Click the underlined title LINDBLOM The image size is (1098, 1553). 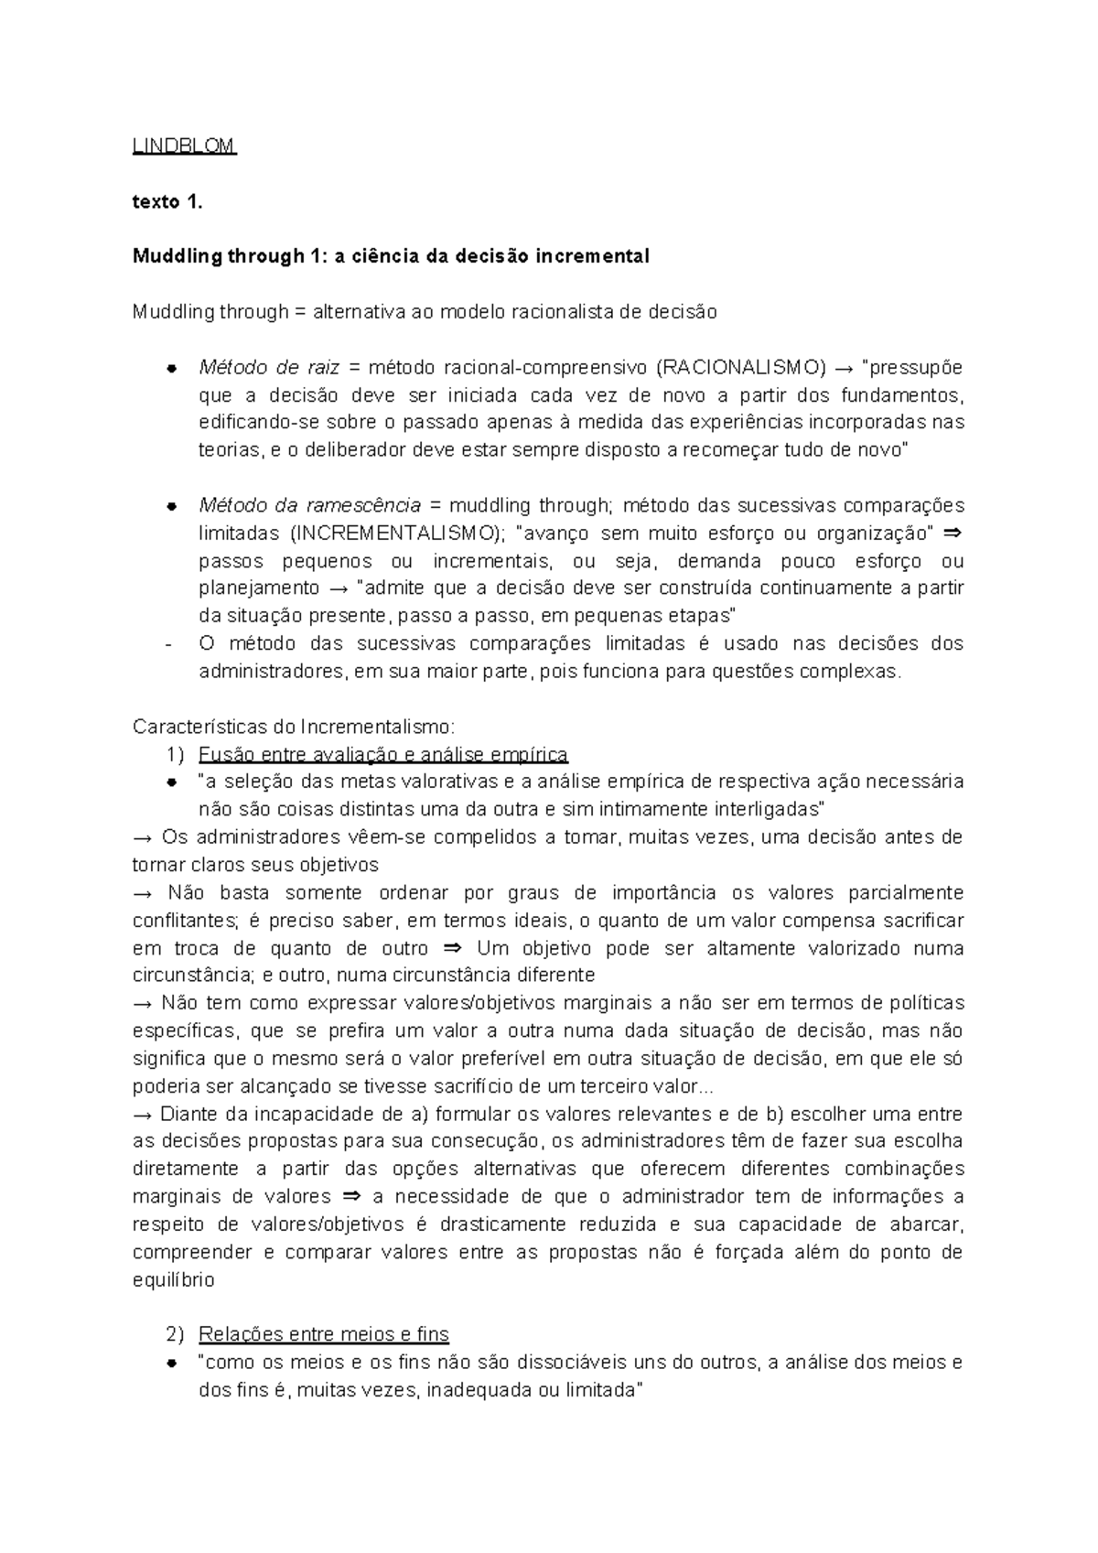click(184, 146)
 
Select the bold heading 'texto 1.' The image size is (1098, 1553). click(167, 202)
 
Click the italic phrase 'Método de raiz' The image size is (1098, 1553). click(269, 368)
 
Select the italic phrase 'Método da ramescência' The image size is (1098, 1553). click(309, 506)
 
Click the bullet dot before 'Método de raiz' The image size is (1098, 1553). click(171, 369)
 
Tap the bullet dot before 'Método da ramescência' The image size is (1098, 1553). click(171, 507)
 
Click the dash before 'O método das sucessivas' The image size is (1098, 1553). click(169, 644)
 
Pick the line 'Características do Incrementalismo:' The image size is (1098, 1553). click(294, 728)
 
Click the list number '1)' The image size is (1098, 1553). click(176, 755)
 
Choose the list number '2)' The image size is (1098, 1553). click(176, 1334)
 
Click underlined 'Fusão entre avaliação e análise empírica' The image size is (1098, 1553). click(383, 755)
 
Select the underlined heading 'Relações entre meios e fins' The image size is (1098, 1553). click(324, 1334)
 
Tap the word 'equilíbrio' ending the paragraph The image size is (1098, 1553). click(174, 1280)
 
